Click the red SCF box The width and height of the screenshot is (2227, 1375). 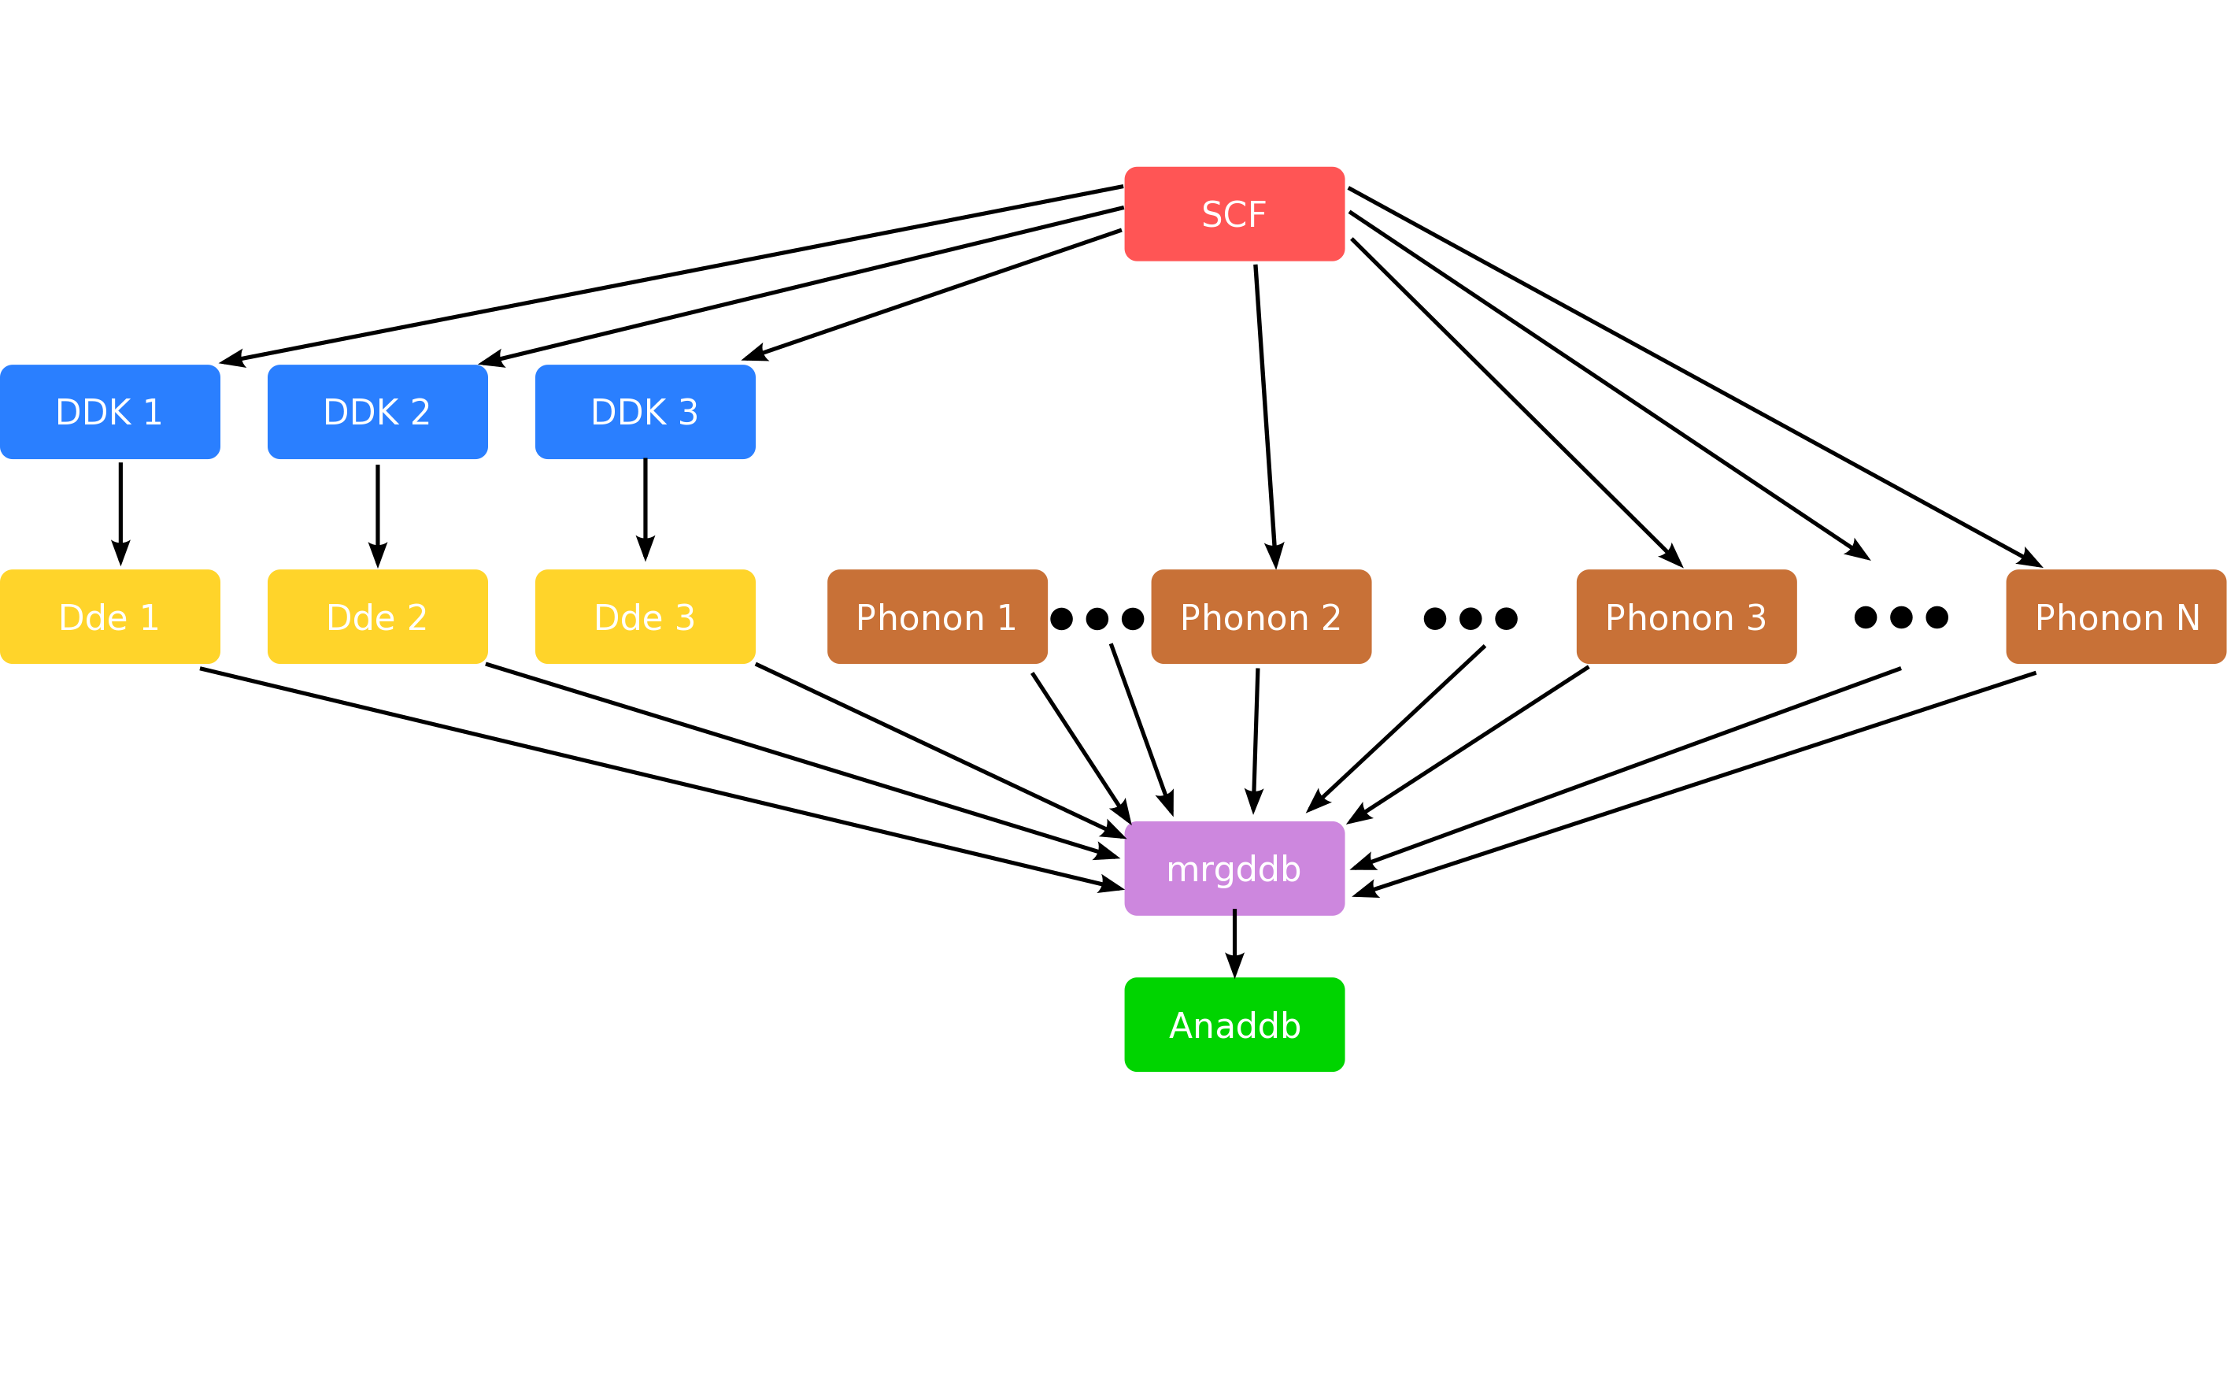(x=1234, y=213)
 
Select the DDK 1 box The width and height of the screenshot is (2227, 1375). (x=110, y=412)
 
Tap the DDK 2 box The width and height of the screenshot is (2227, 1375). (x=377, y=412)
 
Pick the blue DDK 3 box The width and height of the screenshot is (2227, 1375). (x=645, y=412)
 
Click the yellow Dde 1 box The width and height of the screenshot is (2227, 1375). (x=110, y=617)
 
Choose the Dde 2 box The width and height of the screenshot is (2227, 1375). (x=377, y=617)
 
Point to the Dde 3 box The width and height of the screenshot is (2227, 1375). (x=645, y=617)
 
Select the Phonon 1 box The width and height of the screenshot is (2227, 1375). (x=936, y=617)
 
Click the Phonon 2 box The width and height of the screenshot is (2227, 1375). (x=1261, y=617)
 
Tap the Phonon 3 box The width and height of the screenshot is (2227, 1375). (x=1685, y=617)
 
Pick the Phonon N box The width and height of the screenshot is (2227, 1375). (x=2115, y=617)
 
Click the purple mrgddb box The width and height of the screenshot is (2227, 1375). (x=1234, y=869)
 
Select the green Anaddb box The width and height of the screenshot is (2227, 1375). (x=1234, y=1025)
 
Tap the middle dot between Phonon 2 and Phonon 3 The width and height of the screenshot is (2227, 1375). (x=1470, y=618)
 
